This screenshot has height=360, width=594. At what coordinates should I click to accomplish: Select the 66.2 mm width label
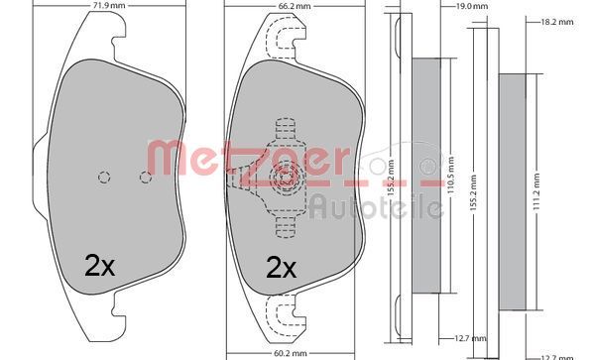point(287,6)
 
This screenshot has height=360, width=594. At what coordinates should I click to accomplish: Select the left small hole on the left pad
point(102,179)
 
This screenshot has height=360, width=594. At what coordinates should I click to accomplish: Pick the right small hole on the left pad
point(145,179)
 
